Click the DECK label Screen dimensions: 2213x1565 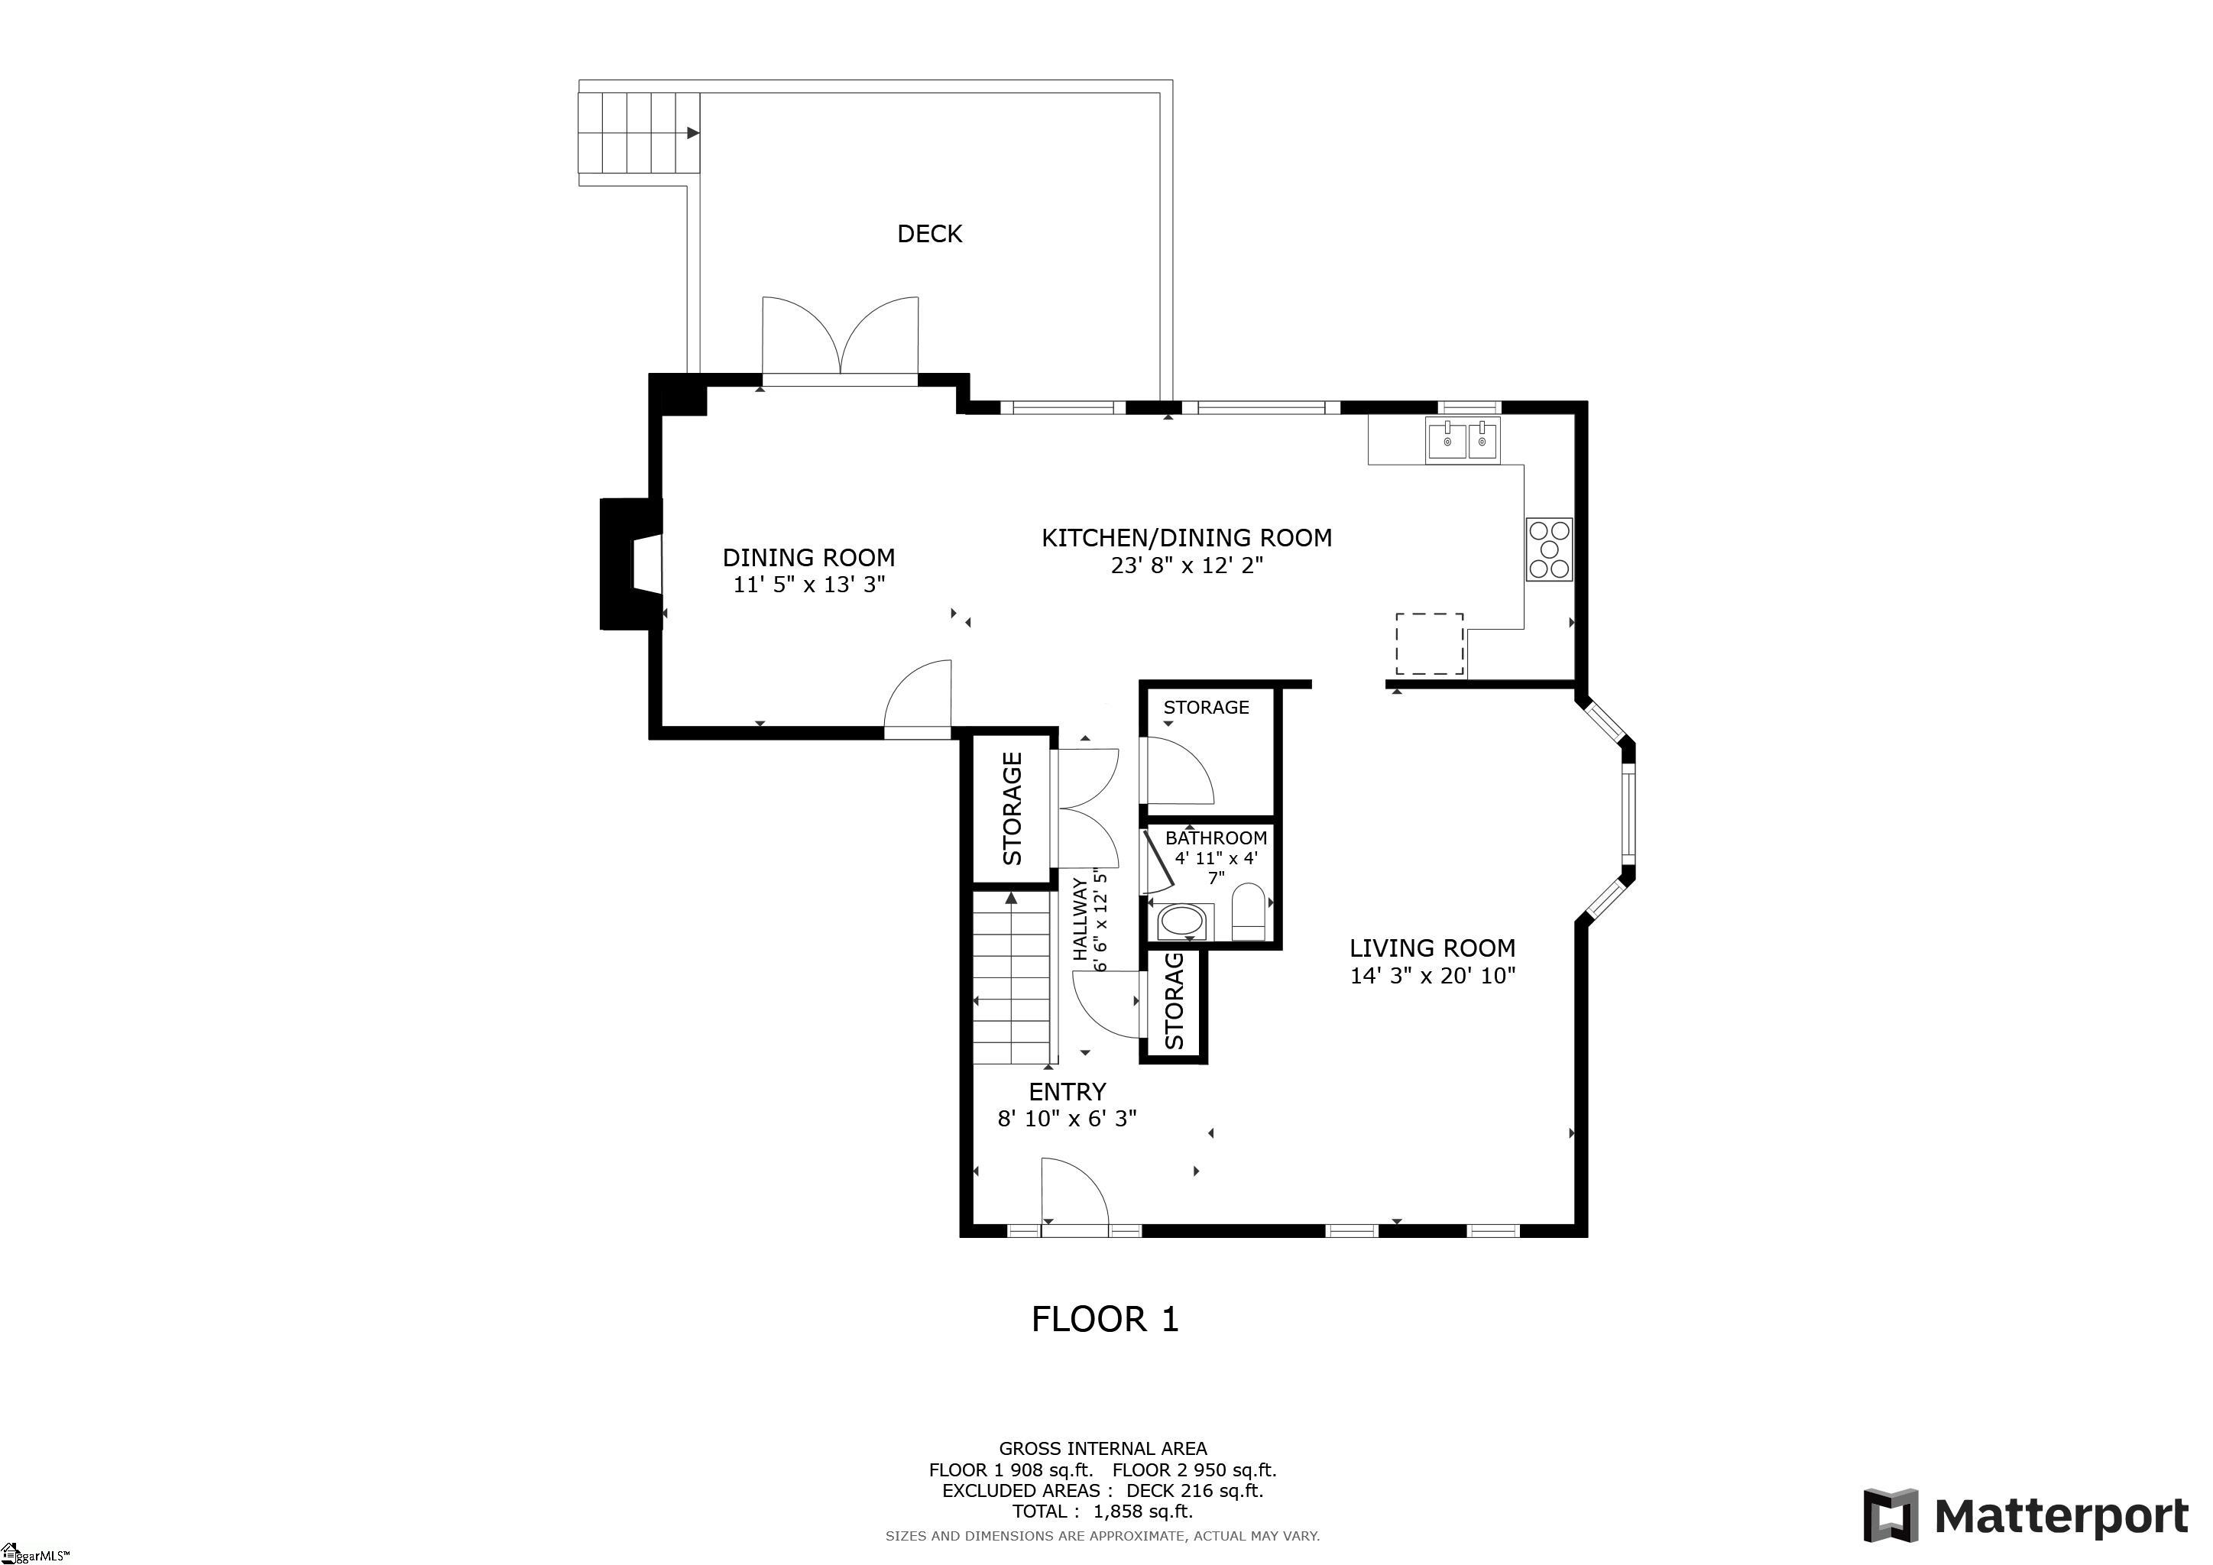[x=929, y=233]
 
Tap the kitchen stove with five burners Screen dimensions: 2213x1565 [x=1549, y=549]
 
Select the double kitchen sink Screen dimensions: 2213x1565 [x=1463, y=442]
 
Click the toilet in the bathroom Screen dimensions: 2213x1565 [x=1248, y=911]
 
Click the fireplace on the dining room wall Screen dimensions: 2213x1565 [x=631, y=564]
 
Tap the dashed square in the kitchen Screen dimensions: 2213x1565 [x=1430, y=643]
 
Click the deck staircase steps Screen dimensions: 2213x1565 [x=638, y=133]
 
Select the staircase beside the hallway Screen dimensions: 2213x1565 [x=1011, y=977]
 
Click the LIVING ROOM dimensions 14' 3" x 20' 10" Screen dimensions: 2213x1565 [x=1432, y=975]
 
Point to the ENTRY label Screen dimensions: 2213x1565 [x=1067, y=1092]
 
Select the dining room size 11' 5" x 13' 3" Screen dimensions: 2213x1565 [x=808, y=584]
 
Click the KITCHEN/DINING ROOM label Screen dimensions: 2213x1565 [x=1187, y=538]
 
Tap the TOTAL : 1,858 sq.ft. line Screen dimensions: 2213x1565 [x=1103, y=1511]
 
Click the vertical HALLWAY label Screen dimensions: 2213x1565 [x=1081, y=919]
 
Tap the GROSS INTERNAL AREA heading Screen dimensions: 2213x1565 [x=1103, y=1448]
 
